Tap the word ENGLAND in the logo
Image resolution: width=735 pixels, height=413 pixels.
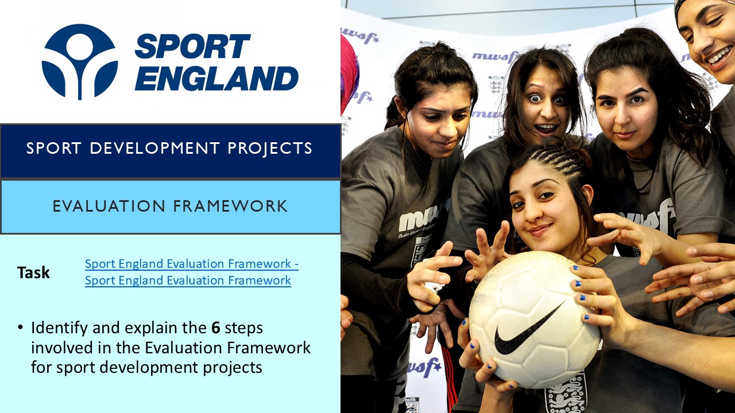(x=216, y=79)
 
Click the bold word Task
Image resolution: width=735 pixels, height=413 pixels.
(x=33, y=272)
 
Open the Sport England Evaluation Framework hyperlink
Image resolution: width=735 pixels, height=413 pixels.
(x=191, y=272)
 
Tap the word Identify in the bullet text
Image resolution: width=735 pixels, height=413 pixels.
(x=57, y=328)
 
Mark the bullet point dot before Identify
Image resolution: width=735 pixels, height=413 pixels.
(x=21, y=328)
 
